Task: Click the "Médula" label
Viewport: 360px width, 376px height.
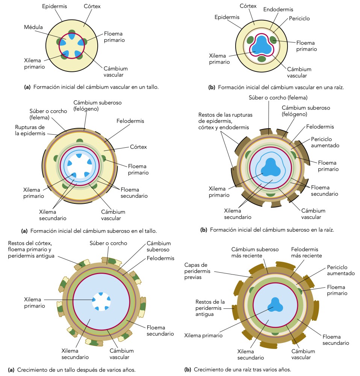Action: [33, 27]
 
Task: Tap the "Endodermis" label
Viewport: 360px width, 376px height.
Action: [278, 9]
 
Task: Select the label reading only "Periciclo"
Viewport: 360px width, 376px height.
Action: [299, 18]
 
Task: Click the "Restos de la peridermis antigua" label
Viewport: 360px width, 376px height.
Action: [210, 308]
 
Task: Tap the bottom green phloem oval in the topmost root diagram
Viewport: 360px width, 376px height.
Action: [262, 59]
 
